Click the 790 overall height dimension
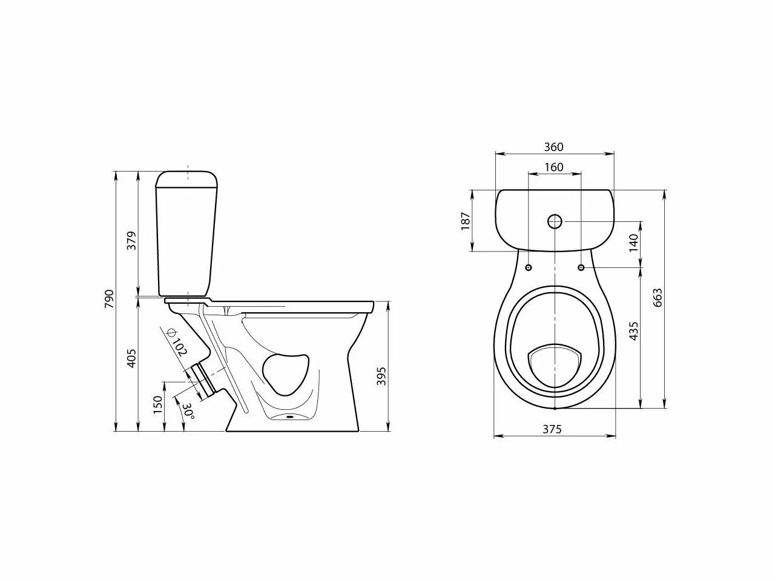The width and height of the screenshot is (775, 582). coord(109,299)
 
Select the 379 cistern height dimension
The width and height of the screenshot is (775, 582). coord(131,241)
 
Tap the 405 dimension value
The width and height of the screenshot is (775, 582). coord(131,358)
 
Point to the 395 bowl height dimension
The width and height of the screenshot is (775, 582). coord(381,376)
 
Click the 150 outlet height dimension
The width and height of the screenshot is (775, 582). coord(158,404)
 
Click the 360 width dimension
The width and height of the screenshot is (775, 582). coord(553,147)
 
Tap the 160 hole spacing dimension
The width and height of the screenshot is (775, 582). coord(553,167)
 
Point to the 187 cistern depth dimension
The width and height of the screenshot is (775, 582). coord(466,221)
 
